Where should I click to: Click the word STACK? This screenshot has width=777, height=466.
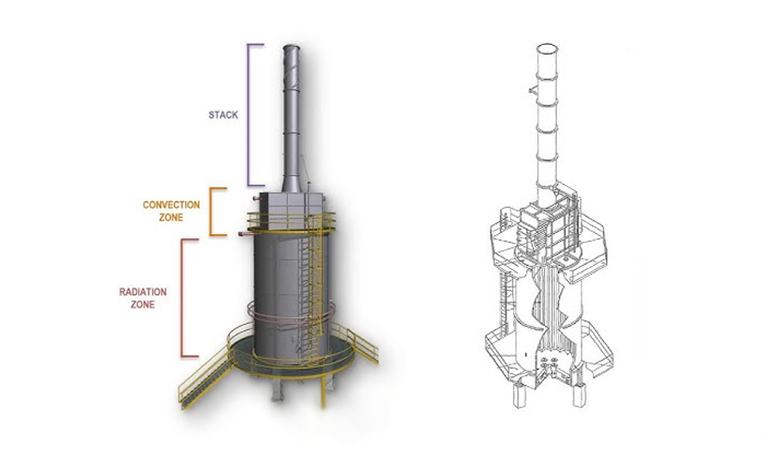(223, 115)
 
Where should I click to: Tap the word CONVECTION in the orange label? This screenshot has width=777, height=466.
(171, 204)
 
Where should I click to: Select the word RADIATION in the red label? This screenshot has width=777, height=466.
(143, 292)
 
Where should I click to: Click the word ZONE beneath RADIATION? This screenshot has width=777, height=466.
(143, 304)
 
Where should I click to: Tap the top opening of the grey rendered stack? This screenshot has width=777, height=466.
(291, 47)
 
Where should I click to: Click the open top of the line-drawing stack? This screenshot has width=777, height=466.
(547, 49)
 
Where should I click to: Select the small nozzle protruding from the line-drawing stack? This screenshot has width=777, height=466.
(533, 90)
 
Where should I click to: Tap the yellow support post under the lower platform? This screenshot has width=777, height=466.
(323, 391)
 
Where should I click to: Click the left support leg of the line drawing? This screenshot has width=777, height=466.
(519, 395)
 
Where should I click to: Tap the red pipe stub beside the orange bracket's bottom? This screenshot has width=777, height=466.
(245, 234)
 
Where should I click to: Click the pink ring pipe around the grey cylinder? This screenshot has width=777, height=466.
(291, 315)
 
